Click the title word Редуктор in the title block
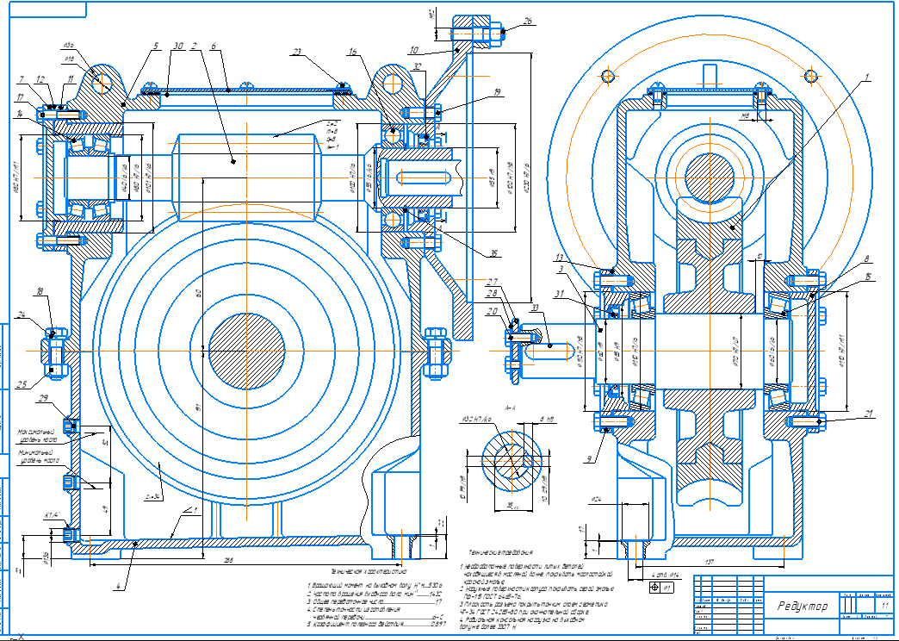[x=802, y=607]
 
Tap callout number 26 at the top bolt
[x=527, y=21]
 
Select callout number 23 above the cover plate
[x=297, y=53]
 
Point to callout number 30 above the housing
[x=178, y=46]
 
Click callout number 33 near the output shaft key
[x=535, y=308]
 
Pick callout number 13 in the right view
[x=560, y=258]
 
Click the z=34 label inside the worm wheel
[x=155, y=496]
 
